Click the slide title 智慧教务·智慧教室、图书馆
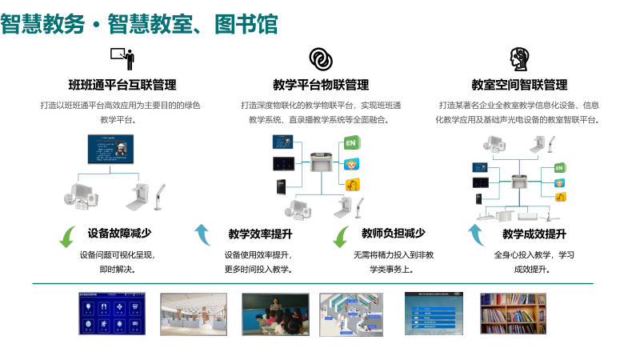coord(139,23)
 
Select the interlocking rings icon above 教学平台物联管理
coord(320,59)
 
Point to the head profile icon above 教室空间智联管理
coord(519,59)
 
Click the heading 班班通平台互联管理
coord(122,85)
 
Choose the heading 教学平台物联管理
coord(320,85)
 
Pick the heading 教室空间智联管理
coord(519,85)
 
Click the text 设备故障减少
coord(120,234)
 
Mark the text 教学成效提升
coord(534,234)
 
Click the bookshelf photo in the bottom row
coord(513,313)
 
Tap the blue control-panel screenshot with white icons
coord(113,313)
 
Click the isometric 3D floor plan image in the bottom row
coord(352,313)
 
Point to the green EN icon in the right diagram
coord(560,169)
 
